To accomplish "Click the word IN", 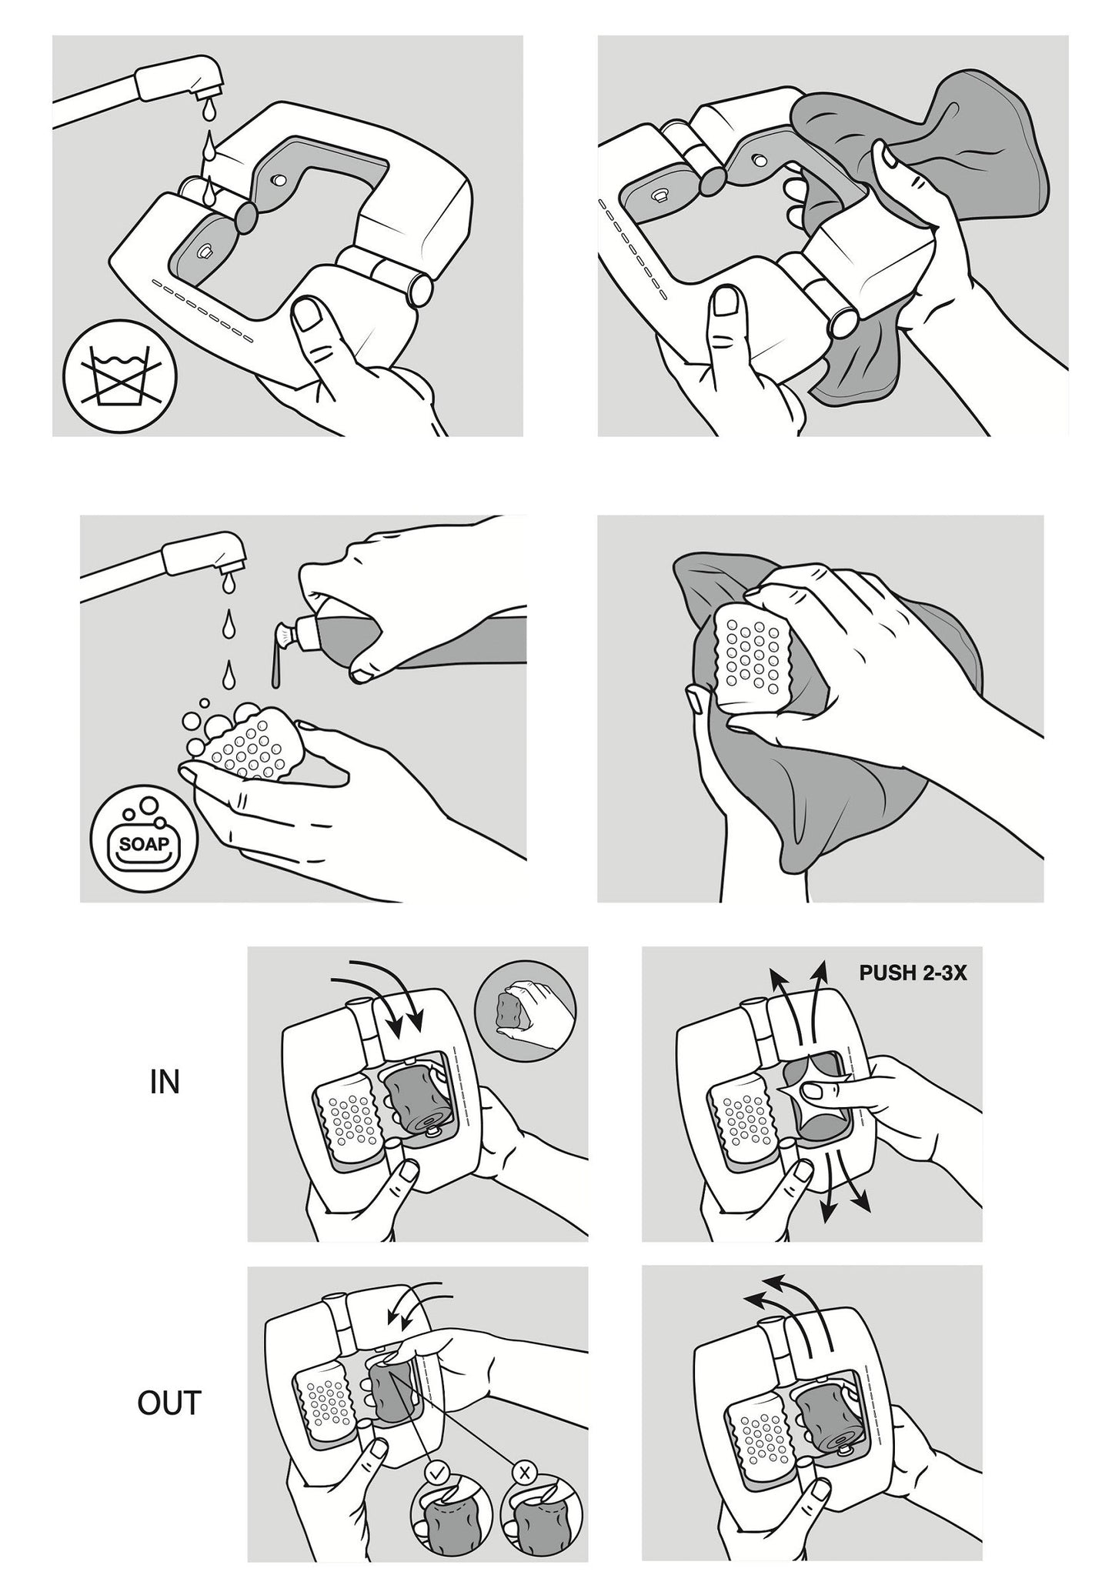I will [x=163, y=1083].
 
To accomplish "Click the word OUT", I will [x=169, y=1403].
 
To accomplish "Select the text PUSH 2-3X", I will [x=913, y=973].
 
